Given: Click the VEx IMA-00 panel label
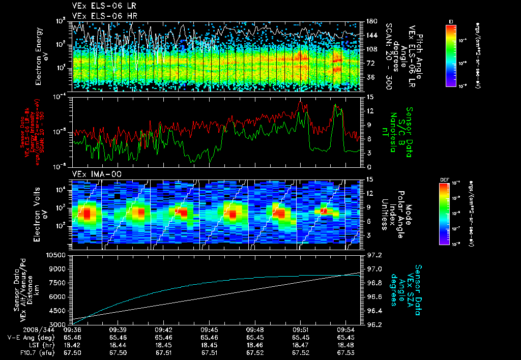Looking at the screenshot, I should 93,174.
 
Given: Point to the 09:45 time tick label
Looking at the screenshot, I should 210,329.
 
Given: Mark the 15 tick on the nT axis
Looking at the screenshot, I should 370,97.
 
